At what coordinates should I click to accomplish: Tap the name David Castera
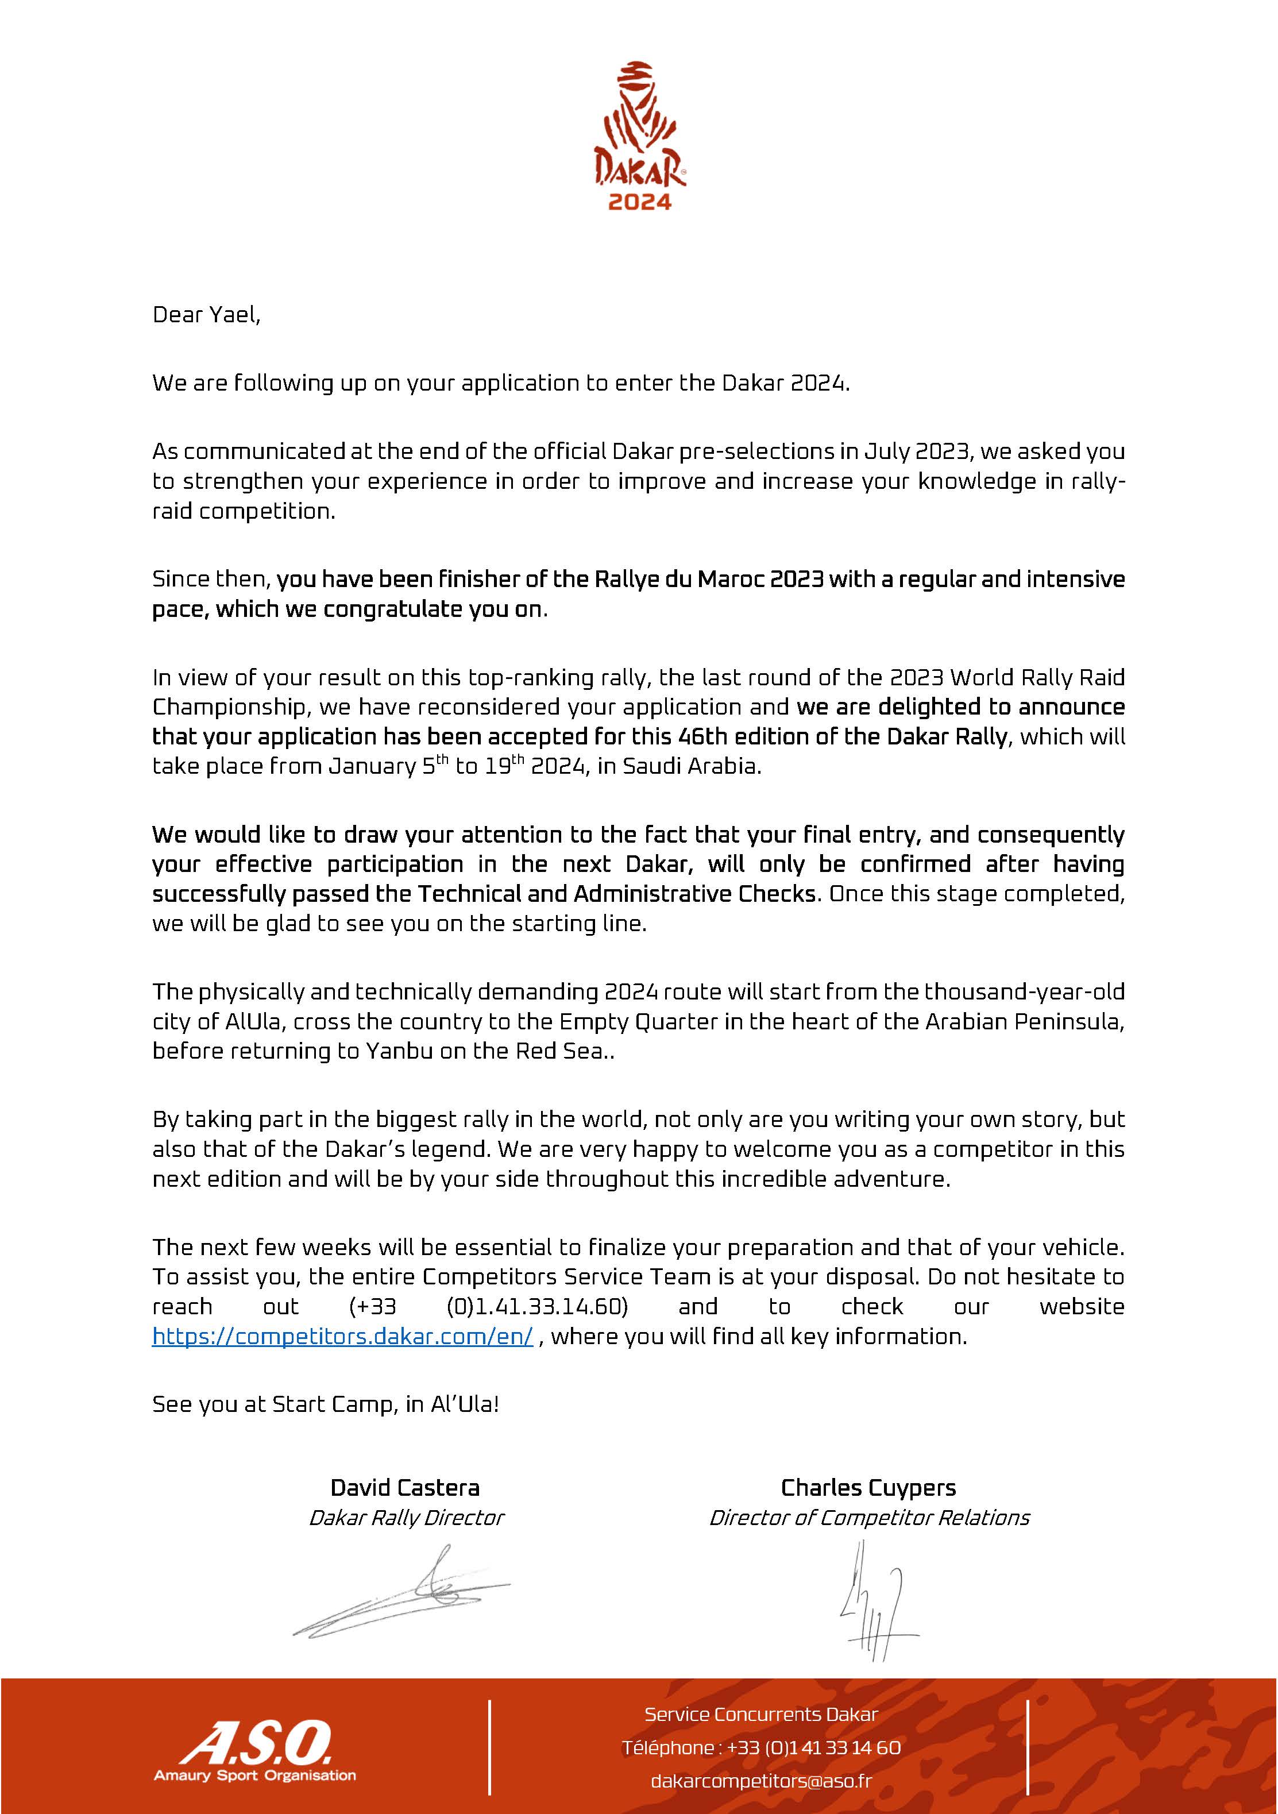(404, 1488)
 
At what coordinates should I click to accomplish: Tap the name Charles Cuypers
(868, 1488)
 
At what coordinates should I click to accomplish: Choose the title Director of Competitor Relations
(869, 1518)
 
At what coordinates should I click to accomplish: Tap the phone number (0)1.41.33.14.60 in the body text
(537, 1307)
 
